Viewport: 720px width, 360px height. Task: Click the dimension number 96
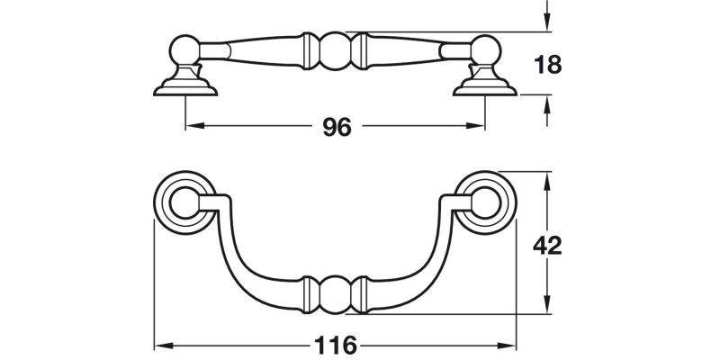pos(336,128)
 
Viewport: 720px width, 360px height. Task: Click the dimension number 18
pos(547,65)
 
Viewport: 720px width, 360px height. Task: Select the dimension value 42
pos(547,245)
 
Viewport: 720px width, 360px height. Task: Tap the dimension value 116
pos(336,345)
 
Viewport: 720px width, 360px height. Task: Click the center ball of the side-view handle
pos(335,51)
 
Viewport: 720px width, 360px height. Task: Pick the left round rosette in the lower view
pos(184,202)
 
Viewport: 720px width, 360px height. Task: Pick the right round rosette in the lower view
pos(487,202)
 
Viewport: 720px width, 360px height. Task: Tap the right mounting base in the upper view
pos(485,85)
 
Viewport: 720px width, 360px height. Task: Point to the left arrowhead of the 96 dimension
pos(192,128)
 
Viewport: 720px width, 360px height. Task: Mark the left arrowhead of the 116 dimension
pos(161,345)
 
